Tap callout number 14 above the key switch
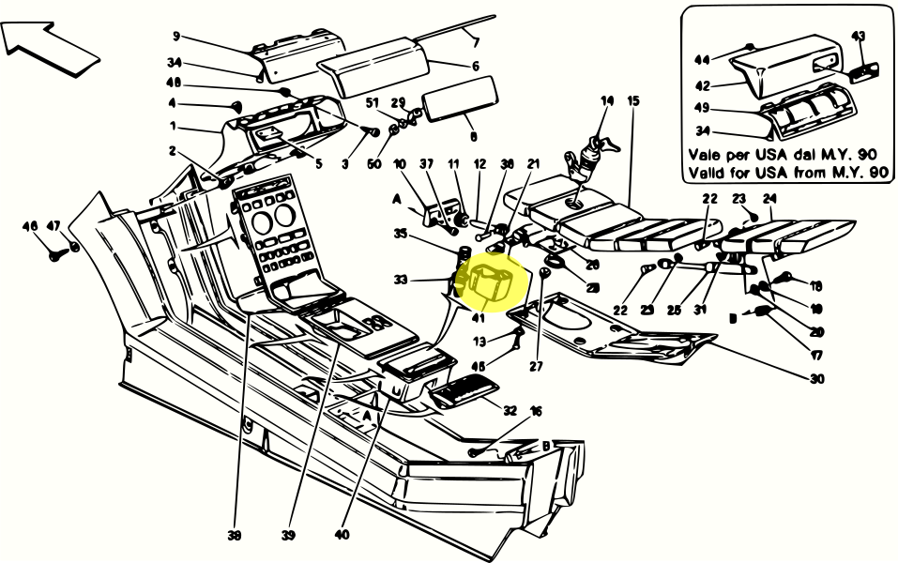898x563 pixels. [606, 100]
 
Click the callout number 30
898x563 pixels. [816, 379]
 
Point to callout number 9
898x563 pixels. [175, 38]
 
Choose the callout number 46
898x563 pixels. [31, 226]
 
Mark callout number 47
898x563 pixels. [53, 226]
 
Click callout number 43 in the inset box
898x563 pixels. [858, 36]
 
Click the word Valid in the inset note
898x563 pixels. [708, 173]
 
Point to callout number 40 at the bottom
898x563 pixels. [341, 536]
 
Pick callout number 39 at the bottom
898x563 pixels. [288, 536]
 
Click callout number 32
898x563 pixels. [510, 410]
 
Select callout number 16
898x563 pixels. [537, 410]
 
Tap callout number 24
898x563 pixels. [769, 199]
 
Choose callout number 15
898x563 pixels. [633, 100]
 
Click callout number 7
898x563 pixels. [476, 42]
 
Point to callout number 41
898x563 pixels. [479, 318]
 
